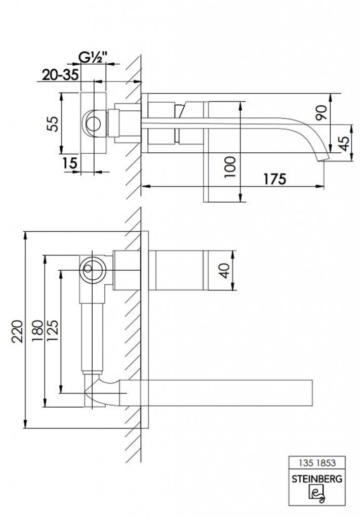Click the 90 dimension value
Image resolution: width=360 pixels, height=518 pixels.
(322, 113)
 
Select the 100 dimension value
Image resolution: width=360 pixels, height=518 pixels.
(230, 167)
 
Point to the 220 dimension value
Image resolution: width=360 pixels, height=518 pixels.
(18, 331)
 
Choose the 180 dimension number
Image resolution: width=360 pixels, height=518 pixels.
(38, 330)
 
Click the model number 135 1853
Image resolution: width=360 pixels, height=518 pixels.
(317, 463)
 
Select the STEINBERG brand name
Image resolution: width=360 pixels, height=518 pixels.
(317, 479)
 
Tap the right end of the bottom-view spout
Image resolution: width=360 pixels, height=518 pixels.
(312, 393)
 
